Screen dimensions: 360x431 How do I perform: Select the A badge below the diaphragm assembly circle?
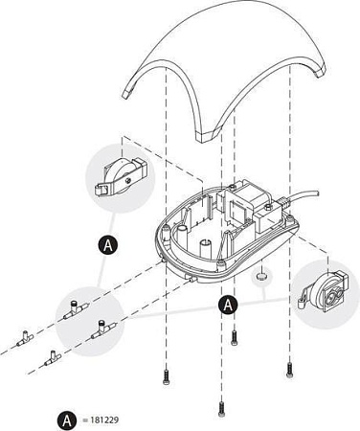(x=108, y=245)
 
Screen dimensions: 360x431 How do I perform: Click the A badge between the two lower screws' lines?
(x=228, y=306)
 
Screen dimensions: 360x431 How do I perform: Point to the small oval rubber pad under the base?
(x=261, y=276)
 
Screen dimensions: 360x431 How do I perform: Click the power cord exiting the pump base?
(x=303, y=195)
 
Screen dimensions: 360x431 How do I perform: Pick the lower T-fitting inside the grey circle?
(x=103, y=329)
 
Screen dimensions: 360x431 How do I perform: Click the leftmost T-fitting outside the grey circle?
(x=25, y=339)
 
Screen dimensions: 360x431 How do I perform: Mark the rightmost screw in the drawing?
(x=289, y=371)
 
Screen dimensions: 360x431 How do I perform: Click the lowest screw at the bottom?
(x=221, y=410)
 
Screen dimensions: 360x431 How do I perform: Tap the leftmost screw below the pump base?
(x=166, y=377)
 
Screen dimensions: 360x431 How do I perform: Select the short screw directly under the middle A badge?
(x=235, y=337)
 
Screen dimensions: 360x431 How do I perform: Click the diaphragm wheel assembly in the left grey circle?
(x=121, y=177)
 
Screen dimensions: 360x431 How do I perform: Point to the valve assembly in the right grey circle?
(x=324, y=290)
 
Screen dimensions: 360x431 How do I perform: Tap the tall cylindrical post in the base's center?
(x=206, y=248)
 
